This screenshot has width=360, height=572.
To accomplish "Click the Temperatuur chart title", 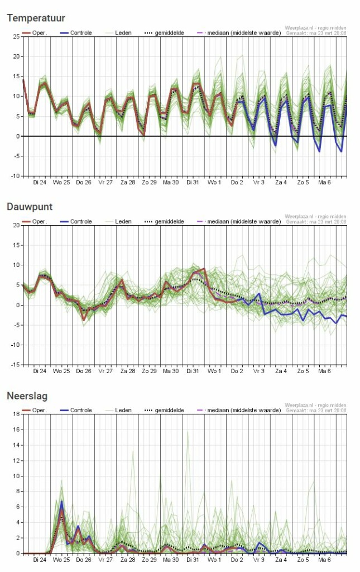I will coord(36,18).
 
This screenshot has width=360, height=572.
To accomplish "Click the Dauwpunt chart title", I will coord(30,207).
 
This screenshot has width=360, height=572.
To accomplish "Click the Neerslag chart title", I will coord(27,396).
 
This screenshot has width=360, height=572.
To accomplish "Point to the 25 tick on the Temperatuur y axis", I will coord(16,37).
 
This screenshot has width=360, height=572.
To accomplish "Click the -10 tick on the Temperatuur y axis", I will coord(15,176).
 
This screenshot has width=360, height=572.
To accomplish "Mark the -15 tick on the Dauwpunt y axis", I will coord(15,365).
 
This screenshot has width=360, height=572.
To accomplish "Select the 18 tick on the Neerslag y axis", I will coord(16,414).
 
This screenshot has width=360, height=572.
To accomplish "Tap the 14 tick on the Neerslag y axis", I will coord(16,445).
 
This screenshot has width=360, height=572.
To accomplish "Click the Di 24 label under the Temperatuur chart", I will coord(39,183).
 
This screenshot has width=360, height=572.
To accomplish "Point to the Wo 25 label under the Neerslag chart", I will coord(61,560).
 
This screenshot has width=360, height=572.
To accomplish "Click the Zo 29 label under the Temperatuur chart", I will coord(149,183).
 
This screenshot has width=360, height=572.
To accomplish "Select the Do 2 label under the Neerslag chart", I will coord(237,560).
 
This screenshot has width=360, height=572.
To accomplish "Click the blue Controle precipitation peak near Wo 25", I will coord(62,501).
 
